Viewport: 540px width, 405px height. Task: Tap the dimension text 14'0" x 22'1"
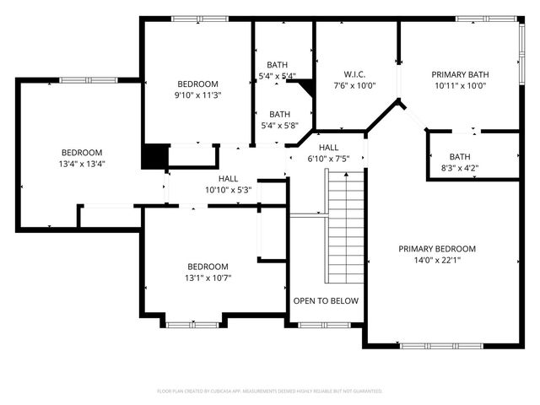437,261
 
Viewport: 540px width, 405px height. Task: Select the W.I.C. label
354,73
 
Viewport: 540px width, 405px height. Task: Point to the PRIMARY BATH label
461,73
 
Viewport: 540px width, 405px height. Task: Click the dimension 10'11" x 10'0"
461,85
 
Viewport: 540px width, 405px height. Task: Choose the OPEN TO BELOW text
326,300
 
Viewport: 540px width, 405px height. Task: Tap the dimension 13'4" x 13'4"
82,164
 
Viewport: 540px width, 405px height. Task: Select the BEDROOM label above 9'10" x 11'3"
197,84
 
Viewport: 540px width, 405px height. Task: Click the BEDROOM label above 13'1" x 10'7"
208,266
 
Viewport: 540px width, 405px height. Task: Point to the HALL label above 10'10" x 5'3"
228,178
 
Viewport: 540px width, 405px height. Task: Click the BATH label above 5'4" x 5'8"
279,114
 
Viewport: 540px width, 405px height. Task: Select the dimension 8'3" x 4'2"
460,168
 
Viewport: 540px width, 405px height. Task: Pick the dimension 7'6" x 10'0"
354,85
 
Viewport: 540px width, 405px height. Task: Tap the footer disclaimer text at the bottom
270,391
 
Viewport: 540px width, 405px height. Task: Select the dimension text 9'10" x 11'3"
197,95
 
